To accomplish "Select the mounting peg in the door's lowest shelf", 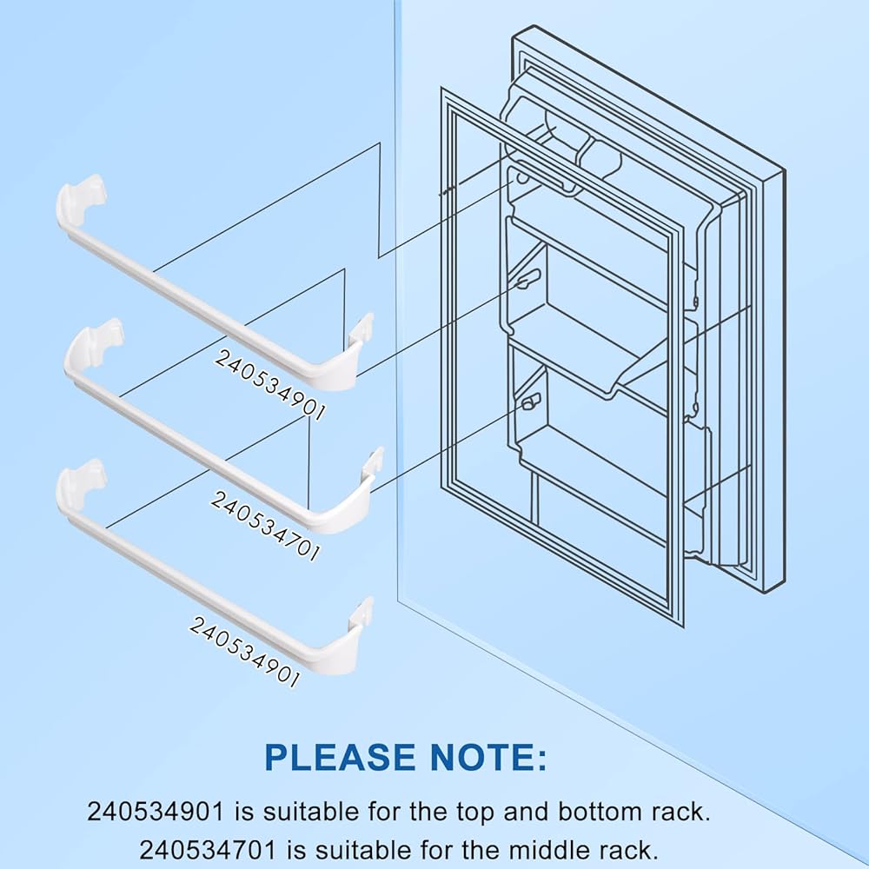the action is click(529, 401).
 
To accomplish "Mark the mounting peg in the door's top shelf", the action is click(521, 178).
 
